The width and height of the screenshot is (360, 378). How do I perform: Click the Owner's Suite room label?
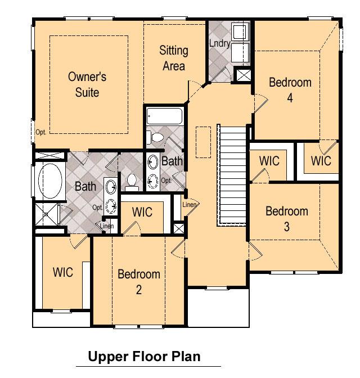(x=87, y=84)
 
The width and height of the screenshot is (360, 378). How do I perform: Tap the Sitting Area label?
(x=174, y=58)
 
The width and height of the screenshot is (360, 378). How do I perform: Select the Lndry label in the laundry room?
(x=219, y=43)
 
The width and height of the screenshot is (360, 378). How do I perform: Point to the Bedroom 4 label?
(x=290, y=90)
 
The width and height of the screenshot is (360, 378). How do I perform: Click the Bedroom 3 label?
(x=287, y=219)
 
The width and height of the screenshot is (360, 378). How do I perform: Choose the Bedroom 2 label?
(x=139, y=282)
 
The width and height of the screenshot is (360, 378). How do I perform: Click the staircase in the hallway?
(x=232, y=175)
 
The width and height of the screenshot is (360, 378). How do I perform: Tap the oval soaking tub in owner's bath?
(x=50, y=181)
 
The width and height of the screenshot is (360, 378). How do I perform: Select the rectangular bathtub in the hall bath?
(x=165, y=116)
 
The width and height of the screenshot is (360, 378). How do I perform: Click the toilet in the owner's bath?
(x=132, y=182)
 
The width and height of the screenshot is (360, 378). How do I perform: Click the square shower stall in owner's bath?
(x=47, y=214)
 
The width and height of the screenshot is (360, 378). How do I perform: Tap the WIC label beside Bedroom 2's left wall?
(x=62, y=272)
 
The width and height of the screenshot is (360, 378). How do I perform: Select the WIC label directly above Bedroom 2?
(x=142, y=212)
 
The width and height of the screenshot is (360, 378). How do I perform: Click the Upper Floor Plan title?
(x=144, y=356)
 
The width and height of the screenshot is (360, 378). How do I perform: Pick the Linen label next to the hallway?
(x=190, y=205)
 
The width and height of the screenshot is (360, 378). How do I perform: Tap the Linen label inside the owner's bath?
(x=106, y=226)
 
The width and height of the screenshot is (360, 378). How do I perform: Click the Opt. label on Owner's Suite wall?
(x=40, y=132)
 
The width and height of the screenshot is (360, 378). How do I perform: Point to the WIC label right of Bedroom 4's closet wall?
(x=321, y=161)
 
